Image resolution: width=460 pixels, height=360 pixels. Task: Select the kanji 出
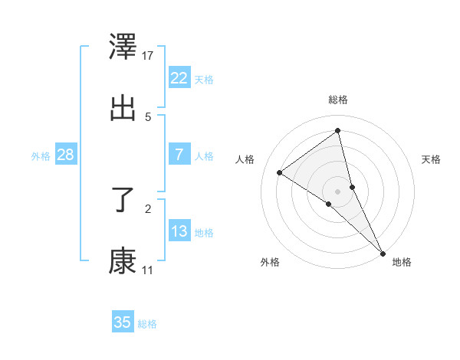click(123, 107)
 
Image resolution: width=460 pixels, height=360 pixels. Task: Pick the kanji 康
click(123, 260)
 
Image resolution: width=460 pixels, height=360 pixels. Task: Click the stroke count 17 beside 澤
click(148, 55)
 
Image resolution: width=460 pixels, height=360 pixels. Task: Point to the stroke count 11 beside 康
click(148, 270)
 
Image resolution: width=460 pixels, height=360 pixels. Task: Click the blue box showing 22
click(179, 78)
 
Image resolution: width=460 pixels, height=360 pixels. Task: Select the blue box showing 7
click(179, 155)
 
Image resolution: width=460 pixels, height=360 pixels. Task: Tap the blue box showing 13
click(179, 231)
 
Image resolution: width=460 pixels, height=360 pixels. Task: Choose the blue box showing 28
click(65, 155)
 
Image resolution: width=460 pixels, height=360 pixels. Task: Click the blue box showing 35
click(123, 322)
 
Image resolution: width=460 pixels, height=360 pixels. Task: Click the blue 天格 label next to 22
click(204, 80)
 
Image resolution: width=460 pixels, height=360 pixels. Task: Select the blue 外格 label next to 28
click(41, 156)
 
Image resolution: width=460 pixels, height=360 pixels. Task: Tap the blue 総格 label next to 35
click(147, 324)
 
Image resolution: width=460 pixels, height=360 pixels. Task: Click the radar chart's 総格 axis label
click(338, 100)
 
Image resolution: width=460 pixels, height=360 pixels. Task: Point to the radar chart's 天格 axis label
click(431, 159)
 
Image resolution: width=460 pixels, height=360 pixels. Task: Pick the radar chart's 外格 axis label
click(270, 263)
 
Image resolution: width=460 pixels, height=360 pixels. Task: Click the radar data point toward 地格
click(383, 252)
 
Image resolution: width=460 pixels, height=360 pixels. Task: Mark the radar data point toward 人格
click(280, 172)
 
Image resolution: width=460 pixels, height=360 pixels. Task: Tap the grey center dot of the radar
click(338, 190)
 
